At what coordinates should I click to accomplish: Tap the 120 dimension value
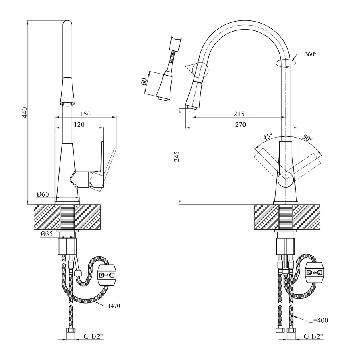coord(79,125)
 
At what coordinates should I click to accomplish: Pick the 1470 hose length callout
coord(114,306)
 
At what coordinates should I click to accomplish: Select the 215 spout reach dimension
coord(238,114)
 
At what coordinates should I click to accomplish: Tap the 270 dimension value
coord(240,125)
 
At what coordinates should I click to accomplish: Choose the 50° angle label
coord(307,138)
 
